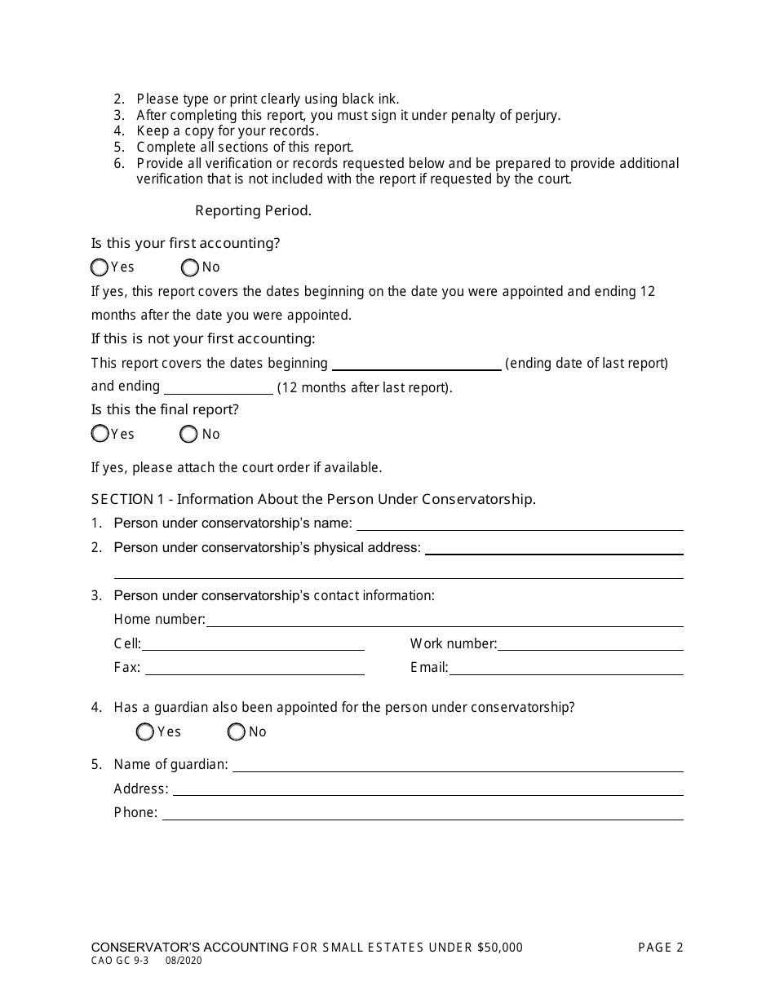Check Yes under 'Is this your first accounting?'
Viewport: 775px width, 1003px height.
coord(100,267)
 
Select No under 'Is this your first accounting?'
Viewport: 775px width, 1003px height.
coord(190,267)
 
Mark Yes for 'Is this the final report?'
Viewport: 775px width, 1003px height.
coord(100,434)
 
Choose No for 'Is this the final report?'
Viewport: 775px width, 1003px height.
coord(188,434)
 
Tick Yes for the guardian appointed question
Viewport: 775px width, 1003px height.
coord(145,732)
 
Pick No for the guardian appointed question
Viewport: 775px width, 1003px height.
coord(237,732)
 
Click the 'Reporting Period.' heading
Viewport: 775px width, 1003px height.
coord(253,211)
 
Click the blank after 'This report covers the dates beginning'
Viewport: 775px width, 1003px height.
coord(416,364)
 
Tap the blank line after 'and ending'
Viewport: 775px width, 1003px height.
coord(218,387)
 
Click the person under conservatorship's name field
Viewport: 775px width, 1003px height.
coord(519,524)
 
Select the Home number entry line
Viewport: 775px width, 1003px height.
coord(445,620)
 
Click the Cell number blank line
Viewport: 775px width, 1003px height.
coord(253,644)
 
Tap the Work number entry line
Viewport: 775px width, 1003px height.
coord(590,644)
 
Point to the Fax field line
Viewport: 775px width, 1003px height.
coord(255,668)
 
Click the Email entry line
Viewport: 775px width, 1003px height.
coord(566,668)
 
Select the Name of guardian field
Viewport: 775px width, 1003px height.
coord(457,765)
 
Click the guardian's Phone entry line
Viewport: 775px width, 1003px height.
coord(422,813)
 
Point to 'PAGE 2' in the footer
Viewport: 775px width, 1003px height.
coord(660,948)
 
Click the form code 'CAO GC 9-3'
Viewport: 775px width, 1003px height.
coord(119,961)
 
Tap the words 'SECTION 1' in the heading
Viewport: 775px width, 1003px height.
coord(122,499)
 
